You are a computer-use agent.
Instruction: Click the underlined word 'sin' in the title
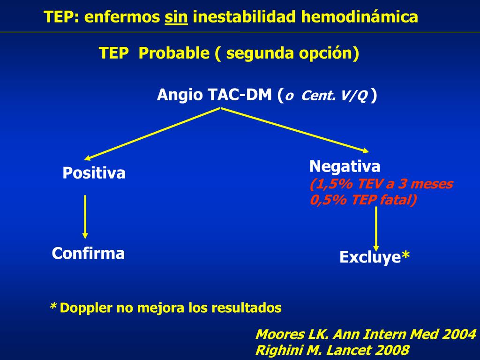click(x=176, y=17)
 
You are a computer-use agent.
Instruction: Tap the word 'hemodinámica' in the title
click(x=359, y=17)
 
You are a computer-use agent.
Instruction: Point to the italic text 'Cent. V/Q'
click(x=334, y=96)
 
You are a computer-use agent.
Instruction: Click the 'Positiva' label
click(x=94, y=173)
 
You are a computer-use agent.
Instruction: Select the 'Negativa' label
click(x=345, y=166)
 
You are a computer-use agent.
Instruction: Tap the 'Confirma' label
click(x=88, y=254)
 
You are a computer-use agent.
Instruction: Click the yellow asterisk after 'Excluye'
click(x=406, y=256)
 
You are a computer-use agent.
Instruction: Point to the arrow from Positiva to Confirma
click(x=85, y=216)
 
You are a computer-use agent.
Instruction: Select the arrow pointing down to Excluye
click(x=376, y=227)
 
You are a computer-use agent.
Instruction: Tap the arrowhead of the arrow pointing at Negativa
click(x=365, y=150)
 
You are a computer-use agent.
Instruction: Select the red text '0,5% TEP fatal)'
click(x=363, y=200)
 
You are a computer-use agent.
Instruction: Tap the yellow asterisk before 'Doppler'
click(x=53, y=307)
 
